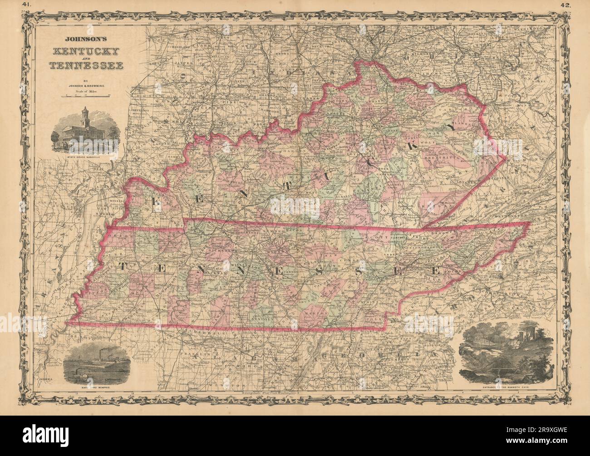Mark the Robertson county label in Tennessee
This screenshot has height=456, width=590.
coord(236,231)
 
